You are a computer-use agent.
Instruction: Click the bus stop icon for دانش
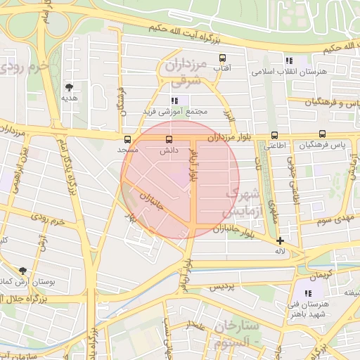click(168, 139)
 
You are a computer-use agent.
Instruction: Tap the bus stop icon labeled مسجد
click(127, 139)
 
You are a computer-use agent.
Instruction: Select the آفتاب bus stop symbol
click(223, 58)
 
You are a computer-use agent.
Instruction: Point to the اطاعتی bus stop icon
click(274, 136)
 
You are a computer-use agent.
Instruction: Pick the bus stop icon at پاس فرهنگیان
click(322, 134)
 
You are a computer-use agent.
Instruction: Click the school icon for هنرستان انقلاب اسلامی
click(289, 61)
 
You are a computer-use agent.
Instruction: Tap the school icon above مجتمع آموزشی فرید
click(174, 101)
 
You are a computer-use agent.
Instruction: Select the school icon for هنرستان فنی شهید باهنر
click(307, 293)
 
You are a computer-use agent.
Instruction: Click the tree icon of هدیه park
click(69, 87)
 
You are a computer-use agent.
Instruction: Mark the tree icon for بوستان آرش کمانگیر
click(23, 271)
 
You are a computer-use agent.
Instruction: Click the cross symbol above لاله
click(280, 240)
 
